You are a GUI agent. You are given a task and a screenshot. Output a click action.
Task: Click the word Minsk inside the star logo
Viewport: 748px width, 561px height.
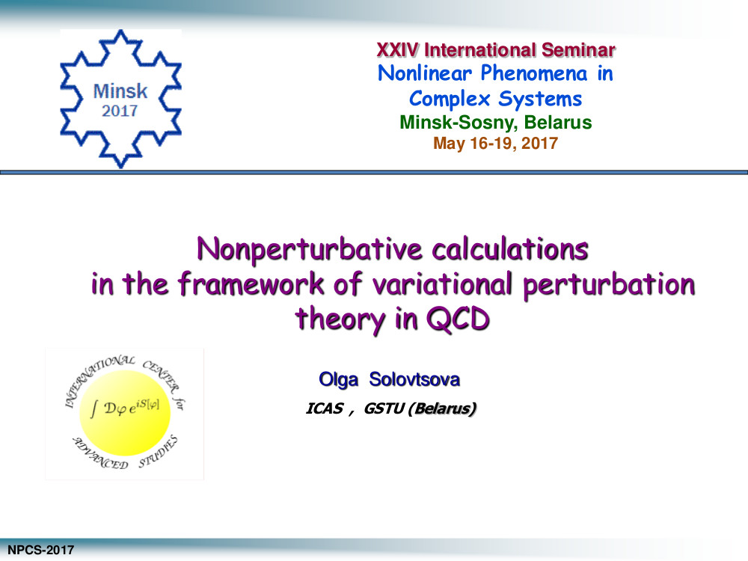pos(120,91)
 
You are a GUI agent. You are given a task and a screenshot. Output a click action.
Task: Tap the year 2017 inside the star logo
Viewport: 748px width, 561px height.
pos(120,111)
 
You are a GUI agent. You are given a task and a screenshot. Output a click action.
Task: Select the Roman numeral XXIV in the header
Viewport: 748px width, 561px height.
pos(398,49)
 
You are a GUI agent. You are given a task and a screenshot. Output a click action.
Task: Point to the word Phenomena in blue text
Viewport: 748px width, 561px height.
pos(534,73)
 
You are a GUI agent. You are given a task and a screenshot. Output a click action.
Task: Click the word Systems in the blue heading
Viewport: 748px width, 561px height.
pos(540,99)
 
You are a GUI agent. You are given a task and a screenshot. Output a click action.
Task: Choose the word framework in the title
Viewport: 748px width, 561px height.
pos(251,283)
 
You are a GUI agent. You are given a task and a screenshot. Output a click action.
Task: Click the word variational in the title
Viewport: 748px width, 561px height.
pos(442,284)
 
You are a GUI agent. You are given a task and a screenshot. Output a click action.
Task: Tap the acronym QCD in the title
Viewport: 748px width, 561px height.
pos(458,319)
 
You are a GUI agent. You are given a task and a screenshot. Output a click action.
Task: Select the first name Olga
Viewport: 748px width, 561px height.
pos(338,380)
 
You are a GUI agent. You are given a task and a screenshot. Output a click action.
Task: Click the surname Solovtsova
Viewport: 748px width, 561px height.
pos(414,379)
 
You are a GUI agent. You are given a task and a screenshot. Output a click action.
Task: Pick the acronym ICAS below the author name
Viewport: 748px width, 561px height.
pos(325,409)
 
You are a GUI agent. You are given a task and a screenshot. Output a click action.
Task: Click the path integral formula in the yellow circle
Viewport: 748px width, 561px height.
pos(125,408)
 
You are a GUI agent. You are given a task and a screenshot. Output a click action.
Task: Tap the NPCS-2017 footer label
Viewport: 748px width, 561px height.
pos(40,550)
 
